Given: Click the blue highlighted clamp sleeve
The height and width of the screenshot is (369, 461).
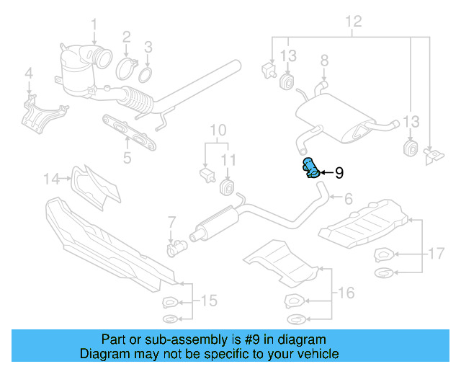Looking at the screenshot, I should (310, 169).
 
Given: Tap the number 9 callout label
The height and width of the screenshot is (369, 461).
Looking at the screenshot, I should (339, 173).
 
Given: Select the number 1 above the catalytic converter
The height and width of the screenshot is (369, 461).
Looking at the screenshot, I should (94, 27).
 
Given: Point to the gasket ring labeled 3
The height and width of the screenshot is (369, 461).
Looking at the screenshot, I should (146, 74).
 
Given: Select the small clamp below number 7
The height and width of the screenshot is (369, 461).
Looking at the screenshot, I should (176, 249).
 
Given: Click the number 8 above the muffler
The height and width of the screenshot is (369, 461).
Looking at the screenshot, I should (323, 60).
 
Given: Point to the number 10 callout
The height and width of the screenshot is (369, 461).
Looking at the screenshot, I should (218, 130).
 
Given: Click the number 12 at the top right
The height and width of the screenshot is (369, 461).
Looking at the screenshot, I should (352, 21).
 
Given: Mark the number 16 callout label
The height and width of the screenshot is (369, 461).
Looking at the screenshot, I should (346, 292).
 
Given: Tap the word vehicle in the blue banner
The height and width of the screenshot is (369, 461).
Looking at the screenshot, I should (315, 354).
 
